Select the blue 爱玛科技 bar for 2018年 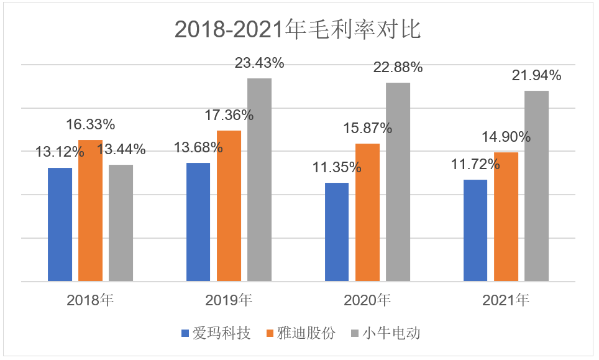point(60,224)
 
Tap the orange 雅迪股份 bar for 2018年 point(90,211)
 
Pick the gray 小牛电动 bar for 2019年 point(260,180)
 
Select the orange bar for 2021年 point(506,217)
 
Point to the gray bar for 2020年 point(398,182)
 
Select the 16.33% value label point(91,124)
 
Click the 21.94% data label point(536,76)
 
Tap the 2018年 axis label point(90,301)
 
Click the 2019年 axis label point(229,301)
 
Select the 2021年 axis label point(506,301)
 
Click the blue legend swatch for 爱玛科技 point(185,334)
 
